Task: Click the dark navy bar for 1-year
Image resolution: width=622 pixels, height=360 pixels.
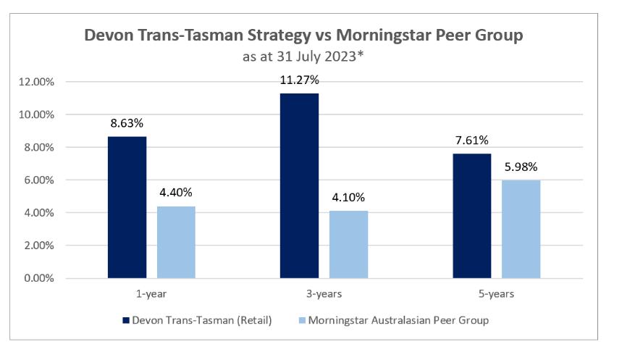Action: [127, 207]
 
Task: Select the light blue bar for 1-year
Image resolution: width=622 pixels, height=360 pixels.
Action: [176, 242]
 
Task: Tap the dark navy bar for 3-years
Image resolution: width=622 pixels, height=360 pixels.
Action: [299, 185]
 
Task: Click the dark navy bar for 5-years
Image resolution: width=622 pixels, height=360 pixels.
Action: [472, 216]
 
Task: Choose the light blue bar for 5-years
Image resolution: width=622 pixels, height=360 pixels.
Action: [521, 229]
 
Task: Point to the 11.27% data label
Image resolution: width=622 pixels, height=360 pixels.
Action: [299, 78]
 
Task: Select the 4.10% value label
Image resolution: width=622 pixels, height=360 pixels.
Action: [348, 197]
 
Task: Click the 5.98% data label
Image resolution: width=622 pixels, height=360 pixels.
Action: [521, 166]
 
